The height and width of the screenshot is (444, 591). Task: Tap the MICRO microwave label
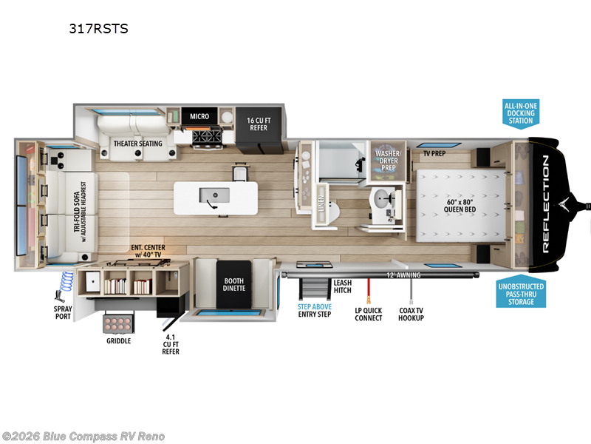click(x=199, y=116)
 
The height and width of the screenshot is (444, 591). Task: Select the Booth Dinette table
click(x=234, y=285)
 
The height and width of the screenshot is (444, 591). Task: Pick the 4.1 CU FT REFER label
click(x=171, y=342)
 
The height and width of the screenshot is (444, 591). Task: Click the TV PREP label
click(x=433, y=154)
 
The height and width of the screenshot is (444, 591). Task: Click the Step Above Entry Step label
click(x=314, y=309)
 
